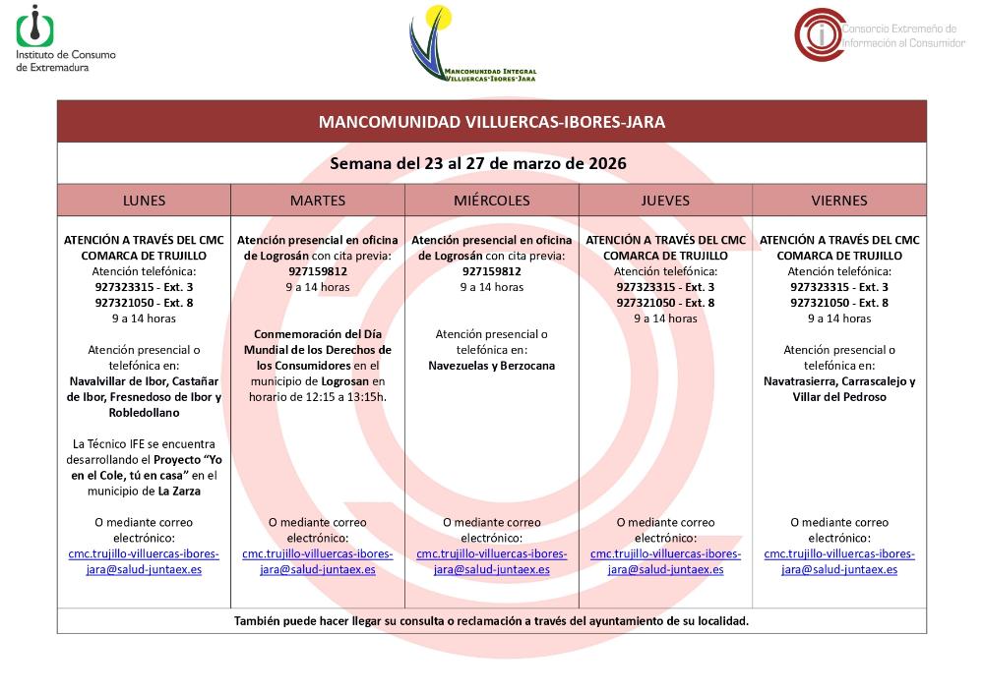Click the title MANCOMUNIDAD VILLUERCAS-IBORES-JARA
point(491,122)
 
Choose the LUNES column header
point(144,201)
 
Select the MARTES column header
point(317,201)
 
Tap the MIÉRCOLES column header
point(491,201)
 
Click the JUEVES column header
point(665,201)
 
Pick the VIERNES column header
point(839,201)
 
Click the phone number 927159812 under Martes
point(317,271)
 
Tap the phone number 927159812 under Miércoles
point(491,271)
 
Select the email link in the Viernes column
point(839,561)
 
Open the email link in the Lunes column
point(144,561)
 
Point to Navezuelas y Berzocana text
point(491,366)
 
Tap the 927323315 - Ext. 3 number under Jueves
point(665,287)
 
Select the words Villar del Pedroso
point(839,397)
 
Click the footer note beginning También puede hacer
point(491,621)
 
